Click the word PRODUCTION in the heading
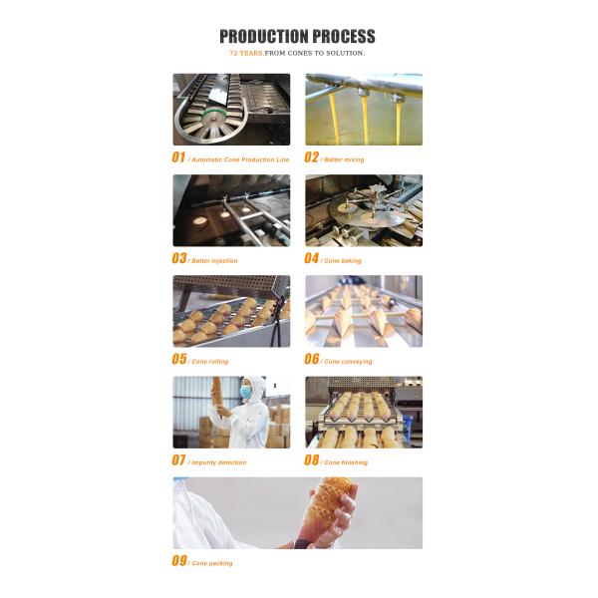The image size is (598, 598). coord(263,37)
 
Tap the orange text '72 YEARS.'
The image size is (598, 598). coord(247,53)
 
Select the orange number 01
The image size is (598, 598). coord(179,157)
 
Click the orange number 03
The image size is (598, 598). coord(179,258)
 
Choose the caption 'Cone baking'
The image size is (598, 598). coord(344,261)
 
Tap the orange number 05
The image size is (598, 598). coord(179,359)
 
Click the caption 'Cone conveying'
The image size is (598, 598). coord(349,362)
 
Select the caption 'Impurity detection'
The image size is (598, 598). coord(219,462)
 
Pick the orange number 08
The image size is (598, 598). coord(312,460)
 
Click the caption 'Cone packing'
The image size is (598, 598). coord(212,563)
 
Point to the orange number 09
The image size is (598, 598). coord(179,561)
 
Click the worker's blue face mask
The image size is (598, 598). coord(245,394)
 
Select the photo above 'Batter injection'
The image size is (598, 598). coord(231,210)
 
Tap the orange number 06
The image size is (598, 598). coord(312,359)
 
